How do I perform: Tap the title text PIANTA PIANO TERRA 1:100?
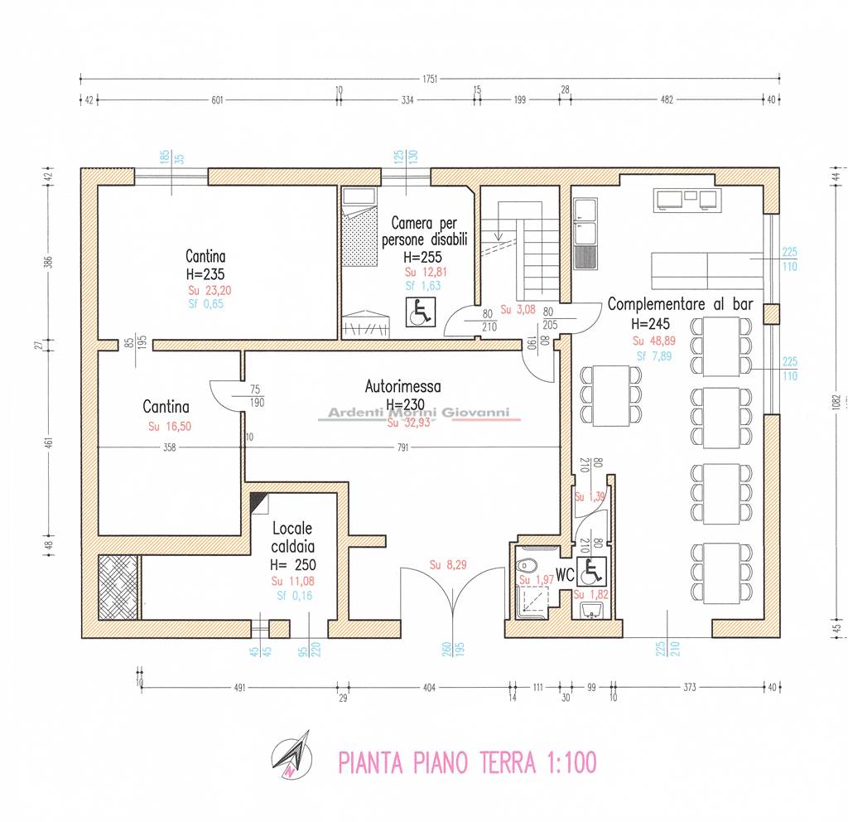(467, 762)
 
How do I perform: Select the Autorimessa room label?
(402, 386)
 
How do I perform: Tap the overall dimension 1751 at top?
(429, 80)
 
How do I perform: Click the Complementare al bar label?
(680, 304)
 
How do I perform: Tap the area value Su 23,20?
(205, 290)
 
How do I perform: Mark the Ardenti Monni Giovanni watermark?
(419, 413)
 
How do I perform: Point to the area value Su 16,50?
(166, 427)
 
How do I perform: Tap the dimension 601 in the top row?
(218, 100)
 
